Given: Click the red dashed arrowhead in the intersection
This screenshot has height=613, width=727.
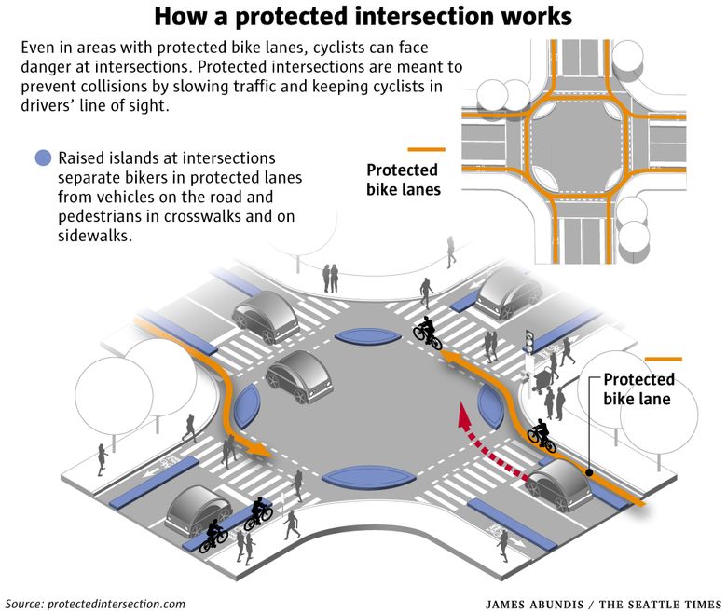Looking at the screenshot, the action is tap(464, 415).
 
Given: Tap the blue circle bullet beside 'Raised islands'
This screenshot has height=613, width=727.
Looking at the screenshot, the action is tap(43, 158).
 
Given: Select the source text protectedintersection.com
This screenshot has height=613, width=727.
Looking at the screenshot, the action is tap(117, 604).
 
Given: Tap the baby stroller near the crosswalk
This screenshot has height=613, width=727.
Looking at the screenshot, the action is tap(541, 380).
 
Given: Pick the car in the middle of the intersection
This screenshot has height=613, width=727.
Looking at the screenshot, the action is tap(299, 376).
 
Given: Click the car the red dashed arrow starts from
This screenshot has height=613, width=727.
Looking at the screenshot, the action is tap(558, 484).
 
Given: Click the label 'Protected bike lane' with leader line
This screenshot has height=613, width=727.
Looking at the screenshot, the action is tap(638, 389).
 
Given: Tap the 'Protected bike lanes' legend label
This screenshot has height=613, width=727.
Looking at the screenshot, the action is tap(403, 180).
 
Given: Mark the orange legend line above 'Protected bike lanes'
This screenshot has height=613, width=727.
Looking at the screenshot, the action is tap(426, 149).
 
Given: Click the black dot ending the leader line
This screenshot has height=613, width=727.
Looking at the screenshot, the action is tap(589, 472).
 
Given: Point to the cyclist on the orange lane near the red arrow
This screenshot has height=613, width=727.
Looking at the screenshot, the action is tap(542, 436).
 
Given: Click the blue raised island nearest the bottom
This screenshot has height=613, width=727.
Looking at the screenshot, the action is tap(368, 478).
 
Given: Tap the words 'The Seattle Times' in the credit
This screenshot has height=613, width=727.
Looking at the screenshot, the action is tap(660, 605).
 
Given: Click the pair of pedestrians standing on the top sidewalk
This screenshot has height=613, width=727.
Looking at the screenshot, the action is tap(330, 278).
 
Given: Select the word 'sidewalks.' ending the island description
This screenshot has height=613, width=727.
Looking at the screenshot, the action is tap(95, 236).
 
